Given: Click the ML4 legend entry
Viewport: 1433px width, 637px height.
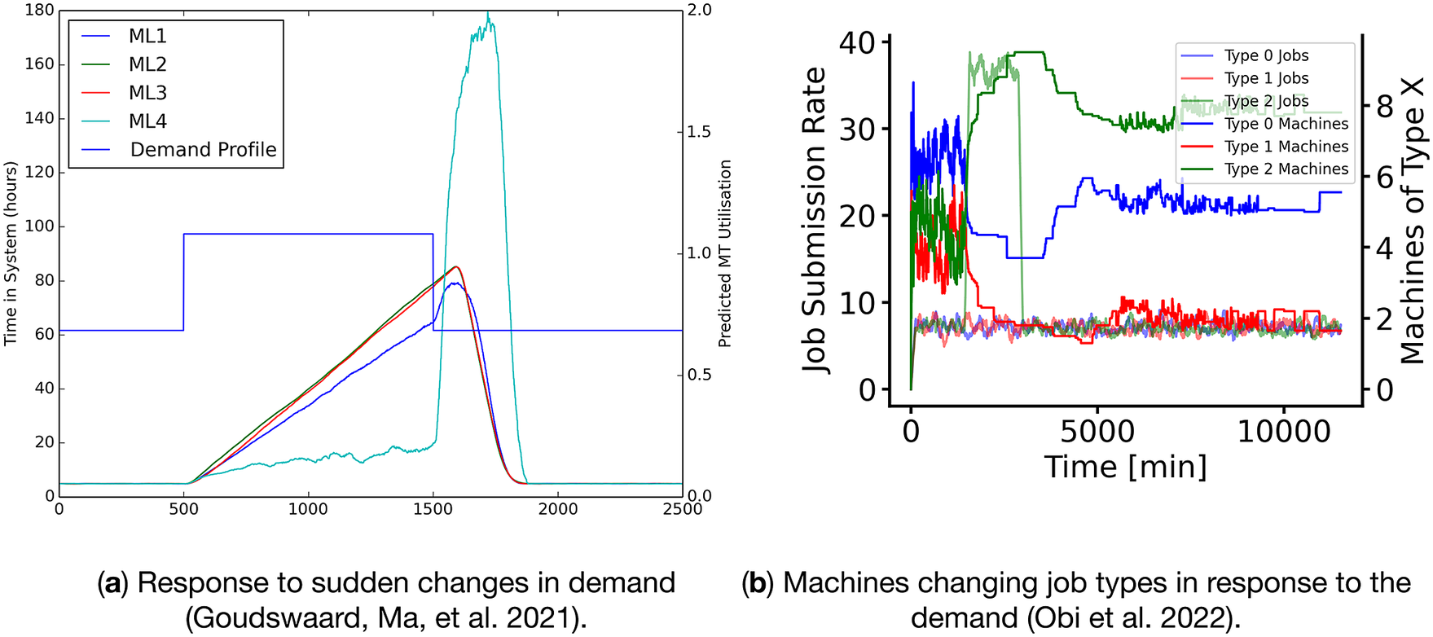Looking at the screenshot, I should [x=147, y=121].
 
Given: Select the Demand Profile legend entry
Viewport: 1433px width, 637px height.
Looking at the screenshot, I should [x=203, y=150].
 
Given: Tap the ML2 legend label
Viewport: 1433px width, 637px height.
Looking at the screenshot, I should [x=147, y=64].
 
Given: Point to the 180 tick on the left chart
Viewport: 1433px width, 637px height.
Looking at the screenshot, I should [x=39, y=11].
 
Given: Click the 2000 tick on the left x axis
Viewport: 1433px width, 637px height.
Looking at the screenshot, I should [x=557, y=509].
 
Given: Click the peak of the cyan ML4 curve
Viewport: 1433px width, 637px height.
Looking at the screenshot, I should [x=488, y=14].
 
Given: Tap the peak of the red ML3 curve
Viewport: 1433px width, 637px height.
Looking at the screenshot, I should [x=457, y=267].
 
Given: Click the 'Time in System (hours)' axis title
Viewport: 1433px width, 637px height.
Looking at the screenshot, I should [x=11, y=253].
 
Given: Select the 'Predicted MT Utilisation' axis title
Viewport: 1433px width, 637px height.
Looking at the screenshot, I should [x=724, y=253].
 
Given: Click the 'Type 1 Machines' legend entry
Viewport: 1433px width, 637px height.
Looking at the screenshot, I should [x=1286, y=147].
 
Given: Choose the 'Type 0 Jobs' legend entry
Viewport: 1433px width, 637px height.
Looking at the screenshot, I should [x=1266, y=55].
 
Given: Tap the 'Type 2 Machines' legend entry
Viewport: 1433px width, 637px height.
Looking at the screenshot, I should [x=1286, y=169].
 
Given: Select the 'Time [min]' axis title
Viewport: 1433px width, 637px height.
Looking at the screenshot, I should [x=1125, y=467].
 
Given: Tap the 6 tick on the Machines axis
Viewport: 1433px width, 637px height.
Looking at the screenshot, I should [x=1385, y=178].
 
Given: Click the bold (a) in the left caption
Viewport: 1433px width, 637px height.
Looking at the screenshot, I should [x=112, y=583].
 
